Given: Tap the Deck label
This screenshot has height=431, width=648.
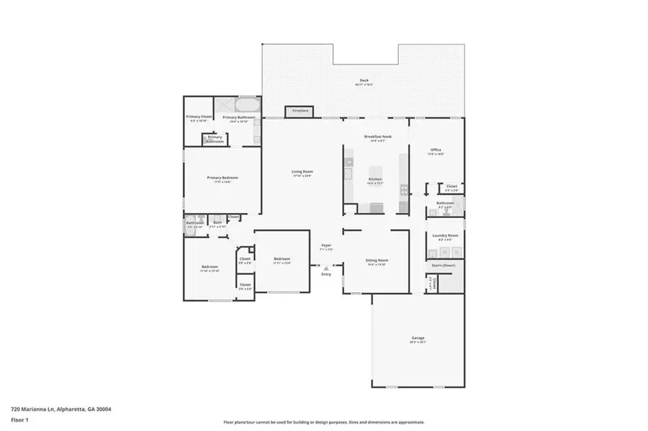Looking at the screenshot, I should click(x=364, y=81).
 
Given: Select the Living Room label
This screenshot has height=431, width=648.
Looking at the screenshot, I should click(x=302, y=172).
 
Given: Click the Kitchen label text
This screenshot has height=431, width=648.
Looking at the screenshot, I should click(x=375, y=180).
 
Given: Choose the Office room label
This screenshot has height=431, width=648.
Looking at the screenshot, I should click(x=436, y=150).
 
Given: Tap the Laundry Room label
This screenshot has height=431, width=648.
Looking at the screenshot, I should click(x=445, y=237).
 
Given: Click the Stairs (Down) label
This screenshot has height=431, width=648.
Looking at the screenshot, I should click(x=443, y=266).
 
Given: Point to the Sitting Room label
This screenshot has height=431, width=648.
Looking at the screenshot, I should click(x=377, y=260).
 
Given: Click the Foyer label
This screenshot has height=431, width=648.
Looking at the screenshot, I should click(x=325, y=247).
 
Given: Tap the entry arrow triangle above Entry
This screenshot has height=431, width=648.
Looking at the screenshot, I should click(x=326, y=267).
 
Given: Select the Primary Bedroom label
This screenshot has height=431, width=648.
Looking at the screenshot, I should click(x=222, y=178).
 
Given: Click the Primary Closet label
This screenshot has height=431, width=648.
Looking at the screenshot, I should click(x=199, y=118).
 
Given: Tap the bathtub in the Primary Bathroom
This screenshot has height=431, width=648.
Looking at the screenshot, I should click(x=246, y=101).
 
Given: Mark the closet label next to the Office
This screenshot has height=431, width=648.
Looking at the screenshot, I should click(x=451, y=188).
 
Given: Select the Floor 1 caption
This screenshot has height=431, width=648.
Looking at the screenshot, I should click(x=19, y=419).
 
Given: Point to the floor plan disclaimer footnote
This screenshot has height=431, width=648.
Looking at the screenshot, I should click(x=323, y=422).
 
